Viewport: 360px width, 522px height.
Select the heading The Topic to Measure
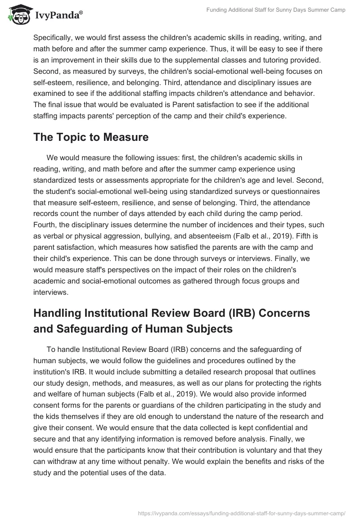tap(91, 137)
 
